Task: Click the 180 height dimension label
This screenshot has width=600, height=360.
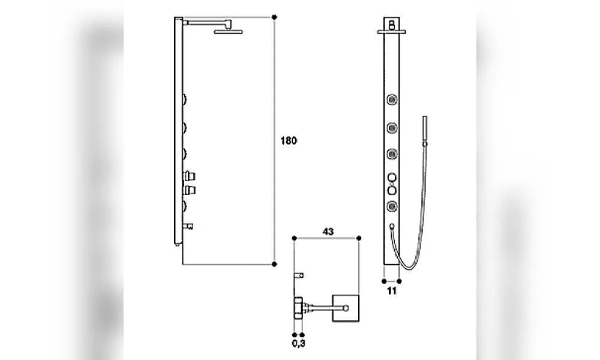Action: coord(289,140)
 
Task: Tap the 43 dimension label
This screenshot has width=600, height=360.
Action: coord(328,232)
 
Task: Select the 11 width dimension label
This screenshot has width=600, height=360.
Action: coord(391,291)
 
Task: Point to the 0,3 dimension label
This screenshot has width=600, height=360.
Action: coord(298,343)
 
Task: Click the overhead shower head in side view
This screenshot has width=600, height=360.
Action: coord(229,31)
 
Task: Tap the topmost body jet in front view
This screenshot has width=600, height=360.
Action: coord(392,100)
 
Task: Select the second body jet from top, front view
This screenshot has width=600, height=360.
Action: coord(392,127)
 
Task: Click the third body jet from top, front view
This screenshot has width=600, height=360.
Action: coord(392,154)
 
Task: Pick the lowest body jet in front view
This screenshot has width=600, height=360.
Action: coord(392,206)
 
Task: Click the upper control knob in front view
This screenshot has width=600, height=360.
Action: coord(392,178)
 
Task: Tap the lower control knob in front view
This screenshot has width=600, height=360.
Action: coord(392,191)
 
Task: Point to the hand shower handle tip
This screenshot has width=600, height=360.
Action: coord(425,116)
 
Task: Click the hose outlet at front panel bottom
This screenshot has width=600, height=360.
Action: coord(391,226)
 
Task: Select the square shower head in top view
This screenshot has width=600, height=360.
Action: coord(346,308)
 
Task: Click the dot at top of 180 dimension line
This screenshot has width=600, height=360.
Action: coord(274,17)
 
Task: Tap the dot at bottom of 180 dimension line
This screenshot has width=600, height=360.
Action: coord(274,264)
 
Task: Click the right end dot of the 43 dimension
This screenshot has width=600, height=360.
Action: coord(359,238)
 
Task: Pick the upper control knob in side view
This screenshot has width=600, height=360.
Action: coord(190,176)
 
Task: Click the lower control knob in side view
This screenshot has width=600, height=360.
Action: coord(190,190)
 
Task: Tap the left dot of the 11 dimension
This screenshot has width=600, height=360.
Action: coord(384,281)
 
